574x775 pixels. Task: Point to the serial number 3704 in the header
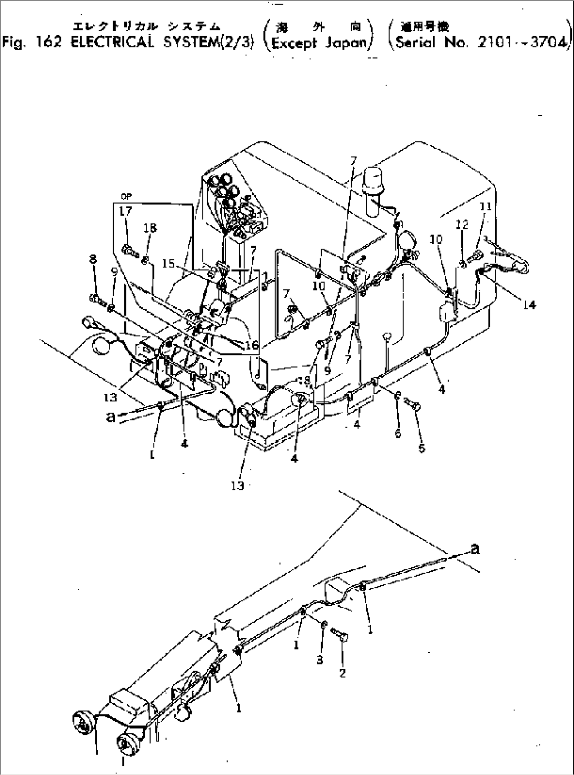[548, 42]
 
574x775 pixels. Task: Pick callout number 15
[169, 263]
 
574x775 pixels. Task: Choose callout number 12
[461, 225]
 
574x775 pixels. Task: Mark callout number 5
[421, 448]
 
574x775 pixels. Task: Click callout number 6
[398, 433]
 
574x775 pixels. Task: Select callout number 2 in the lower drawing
[342, 673]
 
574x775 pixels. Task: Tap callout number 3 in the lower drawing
[320, 660]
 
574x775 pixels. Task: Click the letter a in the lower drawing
[475, 549]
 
